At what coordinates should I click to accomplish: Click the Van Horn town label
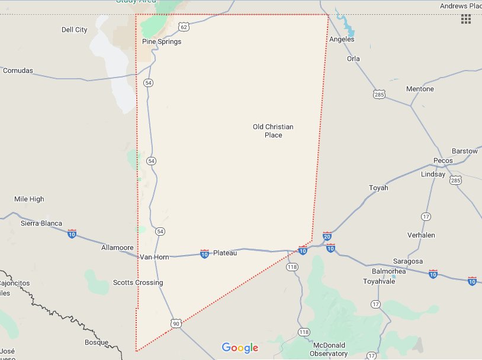tap(155, 257)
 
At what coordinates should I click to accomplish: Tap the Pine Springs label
tap(162, 41)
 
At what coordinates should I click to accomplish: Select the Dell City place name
tap(74, 30)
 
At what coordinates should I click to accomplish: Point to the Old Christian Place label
tap(273, 131)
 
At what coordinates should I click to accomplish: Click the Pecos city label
tap(443, 160)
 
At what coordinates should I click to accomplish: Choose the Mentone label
tap(420, 89)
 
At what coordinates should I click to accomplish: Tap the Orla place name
tap(354, 59)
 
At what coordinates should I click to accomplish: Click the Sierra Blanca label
tap(41, 223)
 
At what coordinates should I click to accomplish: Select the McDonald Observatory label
tap(329, 349)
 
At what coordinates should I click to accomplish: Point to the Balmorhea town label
tap(388, 271)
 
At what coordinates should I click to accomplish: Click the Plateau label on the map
tap(225, 253)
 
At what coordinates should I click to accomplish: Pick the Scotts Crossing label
tap(138, 282)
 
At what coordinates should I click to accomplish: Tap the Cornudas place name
tap(18, 70)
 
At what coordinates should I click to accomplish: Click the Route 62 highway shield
tap(184, 27)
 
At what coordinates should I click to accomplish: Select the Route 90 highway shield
tap(176, 323)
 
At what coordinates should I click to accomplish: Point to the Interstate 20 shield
tap(327, 237)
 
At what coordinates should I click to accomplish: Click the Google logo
tap(240, 348)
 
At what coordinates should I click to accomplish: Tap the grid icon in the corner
tap(466, 19)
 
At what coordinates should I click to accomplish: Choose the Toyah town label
tap(378, 188)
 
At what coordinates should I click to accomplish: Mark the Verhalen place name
tap(421, 235)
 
